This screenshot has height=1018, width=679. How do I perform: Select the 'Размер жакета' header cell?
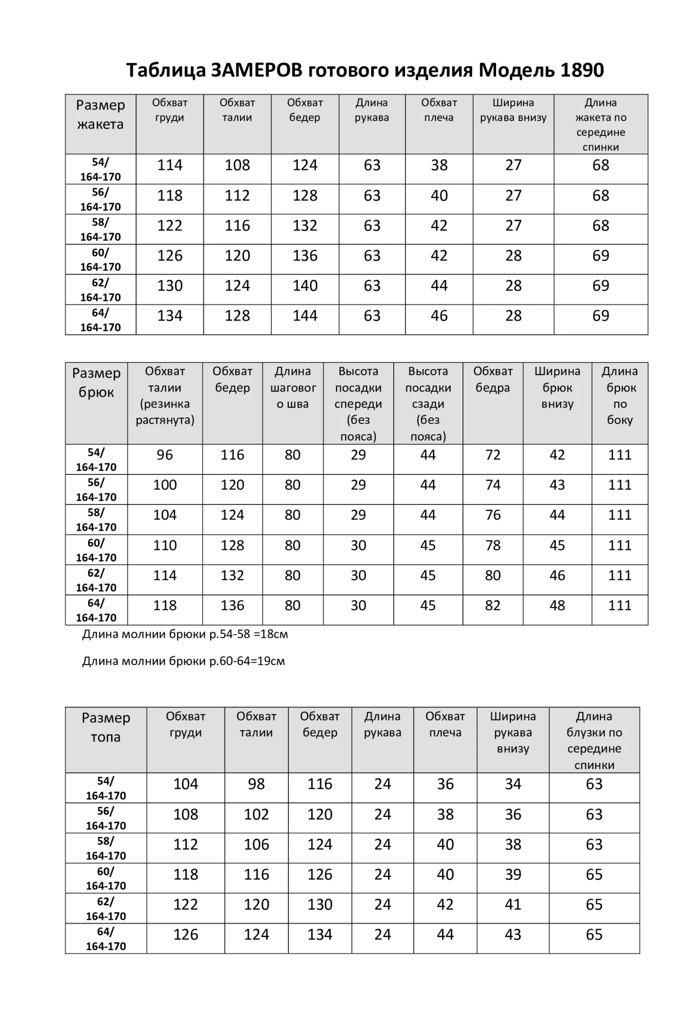point(100,115)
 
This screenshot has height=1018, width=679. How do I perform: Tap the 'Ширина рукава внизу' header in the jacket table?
point(513,110)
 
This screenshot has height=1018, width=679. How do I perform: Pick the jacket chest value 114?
point(170,165)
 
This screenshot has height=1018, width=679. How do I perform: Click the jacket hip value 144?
point(305,316)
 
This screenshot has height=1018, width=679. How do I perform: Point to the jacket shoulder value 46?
point(439,316)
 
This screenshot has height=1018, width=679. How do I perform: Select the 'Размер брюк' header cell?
point(96,383)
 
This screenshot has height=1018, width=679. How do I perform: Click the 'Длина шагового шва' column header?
point(293,388)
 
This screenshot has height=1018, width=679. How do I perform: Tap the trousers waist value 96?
point(165,455)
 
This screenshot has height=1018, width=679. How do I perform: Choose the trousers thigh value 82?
point(493,606)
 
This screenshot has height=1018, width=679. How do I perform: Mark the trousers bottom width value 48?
point(557,606)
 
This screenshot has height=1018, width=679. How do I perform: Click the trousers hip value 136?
point(232,606)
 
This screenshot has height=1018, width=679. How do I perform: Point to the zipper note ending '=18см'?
point(185,635)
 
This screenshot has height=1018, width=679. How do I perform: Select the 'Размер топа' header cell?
point(106,727)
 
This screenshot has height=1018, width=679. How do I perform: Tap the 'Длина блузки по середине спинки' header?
point(594,740)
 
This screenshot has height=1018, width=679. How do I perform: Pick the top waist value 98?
point(256,784)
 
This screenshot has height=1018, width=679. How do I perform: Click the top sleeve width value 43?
point(512,935)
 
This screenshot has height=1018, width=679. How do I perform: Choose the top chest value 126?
point(185,935)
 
